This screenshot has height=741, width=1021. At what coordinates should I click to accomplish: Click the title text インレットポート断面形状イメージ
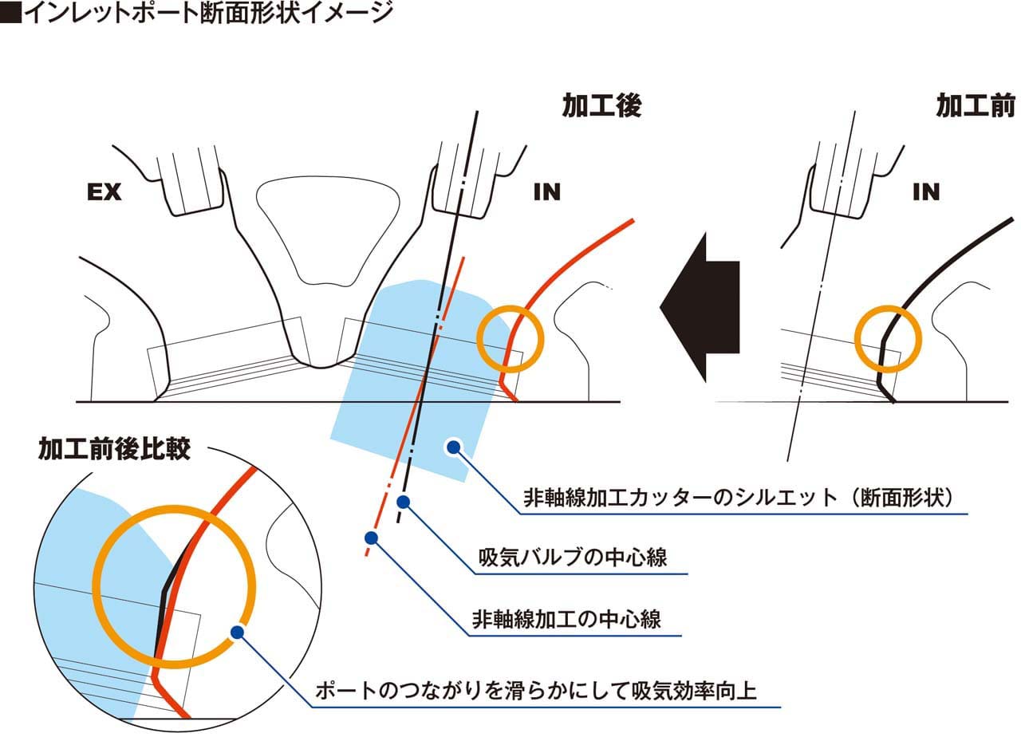(x=208, y=13)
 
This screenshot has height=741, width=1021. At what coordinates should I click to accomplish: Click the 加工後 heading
(x=601, y=105)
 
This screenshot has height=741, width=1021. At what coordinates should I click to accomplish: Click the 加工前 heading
(x=976, y=105)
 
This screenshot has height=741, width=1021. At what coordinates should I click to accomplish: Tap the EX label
(x=104, y=192)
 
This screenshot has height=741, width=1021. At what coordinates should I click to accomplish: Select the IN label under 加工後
(x=547, y=192)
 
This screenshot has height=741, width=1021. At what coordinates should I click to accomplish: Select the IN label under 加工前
(x=926, y=192)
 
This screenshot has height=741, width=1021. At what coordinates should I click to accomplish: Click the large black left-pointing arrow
(x=700, y=307)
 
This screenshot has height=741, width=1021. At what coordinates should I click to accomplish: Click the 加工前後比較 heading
(x=114, y=449)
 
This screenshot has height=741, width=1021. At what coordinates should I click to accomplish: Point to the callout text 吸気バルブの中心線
(x=573, y=557)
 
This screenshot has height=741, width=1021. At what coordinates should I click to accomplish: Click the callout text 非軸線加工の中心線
(x=566, y=619)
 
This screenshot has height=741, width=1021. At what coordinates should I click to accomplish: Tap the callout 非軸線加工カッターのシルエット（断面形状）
(x=739, y=498)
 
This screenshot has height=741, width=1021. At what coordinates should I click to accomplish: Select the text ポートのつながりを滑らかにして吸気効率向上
(x=536, y=691)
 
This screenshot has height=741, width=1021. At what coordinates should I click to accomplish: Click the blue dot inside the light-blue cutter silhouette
(x=453, y=447)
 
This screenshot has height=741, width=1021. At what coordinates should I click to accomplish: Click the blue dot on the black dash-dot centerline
(x=403, y=502)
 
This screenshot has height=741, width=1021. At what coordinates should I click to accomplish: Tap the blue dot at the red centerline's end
(x=372, y=538)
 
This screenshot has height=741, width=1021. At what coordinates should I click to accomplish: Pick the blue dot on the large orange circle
(x=237, y=632)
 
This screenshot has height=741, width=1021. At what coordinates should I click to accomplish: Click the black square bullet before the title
(x=11, y=13)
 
